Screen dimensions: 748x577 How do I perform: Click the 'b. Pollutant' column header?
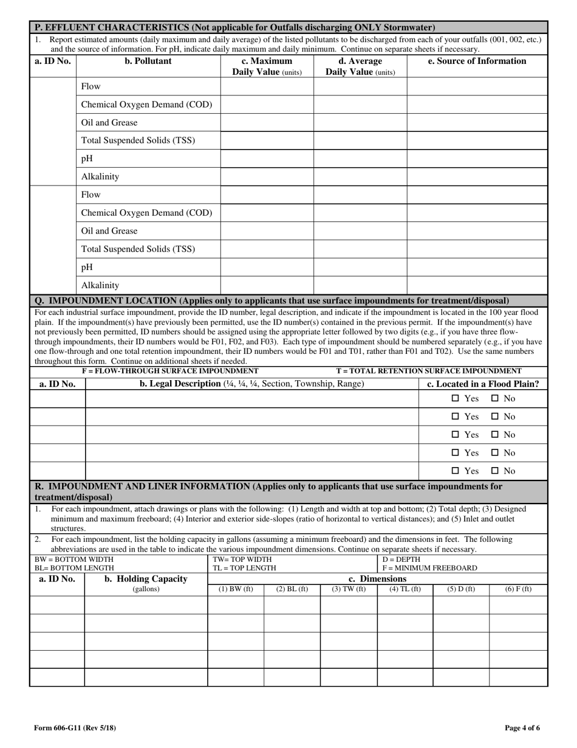coord(148,61)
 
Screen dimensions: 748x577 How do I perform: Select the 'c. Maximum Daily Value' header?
coord(267,66)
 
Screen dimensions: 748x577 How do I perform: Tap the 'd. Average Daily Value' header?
coord(360,66)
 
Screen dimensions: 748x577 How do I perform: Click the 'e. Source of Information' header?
coord(477,61)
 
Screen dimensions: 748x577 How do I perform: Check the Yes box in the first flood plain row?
coord(456,399)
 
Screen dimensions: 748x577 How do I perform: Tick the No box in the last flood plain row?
coord(495,471)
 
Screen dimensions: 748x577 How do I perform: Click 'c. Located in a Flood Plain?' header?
coord(483,384)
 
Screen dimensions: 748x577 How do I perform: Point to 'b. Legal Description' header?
coord(251,384)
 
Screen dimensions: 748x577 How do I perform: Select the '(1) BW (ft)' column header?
coord(236,589)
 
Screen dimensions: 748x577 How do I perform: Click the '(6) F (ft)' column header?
coord(518,589)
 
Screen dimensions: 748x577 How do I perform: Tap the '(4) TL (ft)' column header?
coord(405,589)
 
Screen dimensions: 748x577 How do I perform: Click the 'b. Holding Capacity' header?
coord(146,579)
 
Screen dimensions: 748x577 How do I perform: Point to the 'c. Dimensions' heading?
coord(377,579)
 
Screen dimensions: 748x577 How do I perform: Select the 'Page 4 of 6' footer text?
coord(522,728)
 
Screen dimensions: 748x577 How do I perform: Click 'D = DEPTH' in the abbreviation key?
coord(401,559)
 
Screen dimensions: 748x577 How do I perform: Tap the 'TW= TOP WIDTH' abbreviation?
coord(242,559)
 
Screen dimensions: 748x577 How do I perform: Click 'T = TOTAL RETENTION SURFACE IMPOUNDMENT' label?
coord(428,371)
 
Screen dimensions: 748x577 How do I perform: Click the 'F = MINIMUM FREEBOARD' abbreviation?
coord(429,568)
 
